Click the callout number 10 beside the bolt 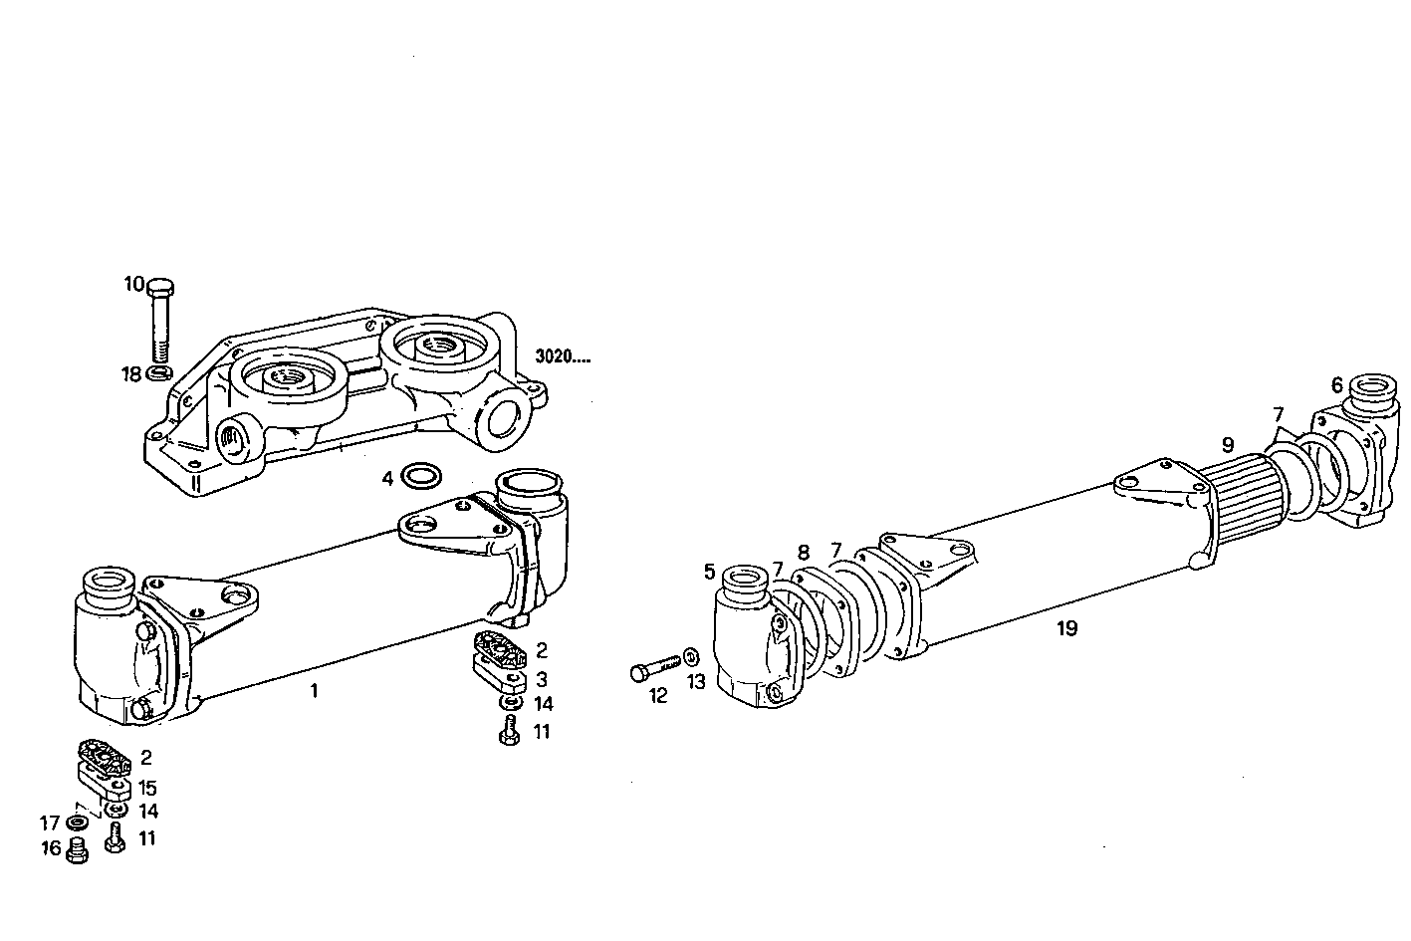click(x=133, y=284)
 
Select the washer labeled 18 click(x=158, y=373)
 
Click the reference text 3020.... click(x=562, y=356)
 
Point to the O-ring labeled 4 click(x=421, y=478)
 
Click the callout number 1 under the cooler click(x=314, y=690)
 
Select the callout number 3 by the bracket click(x=541, y=679)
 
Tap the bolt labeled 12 click(x=654, y=667)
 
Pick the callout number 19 click(x=1066, y=628)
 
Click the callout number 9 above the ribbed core click(x=1227, y=443)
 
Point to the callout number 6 click(x=1336, y=385)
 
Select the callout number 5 click(x=709, y=572)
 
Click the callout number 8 click(x=804, y=552)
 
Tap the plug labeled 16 click(x=76, y=850)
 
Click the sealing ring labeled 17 click(x=76, y=823)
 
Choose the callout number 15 click(x=146, y=789)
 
